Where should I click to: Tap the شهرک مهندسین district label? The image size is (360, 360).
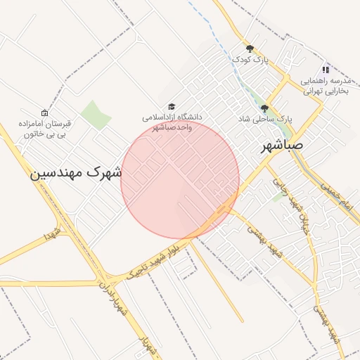pos(76,172)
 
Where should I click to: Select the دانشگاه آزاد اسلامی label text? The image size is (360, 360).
pos(172,122)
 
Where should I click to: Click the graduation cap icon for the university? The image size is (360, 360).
pos(172,105)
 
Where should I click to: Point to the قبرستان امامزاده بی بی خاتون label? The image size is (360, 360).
pos(45,127)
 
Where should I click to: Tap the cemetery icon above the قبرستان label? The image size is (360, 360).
pos(45,112)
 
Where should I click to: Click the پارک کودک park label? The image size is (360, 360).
pos(251,60)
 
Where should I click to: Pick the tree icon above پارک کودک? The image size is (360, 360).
pos(250,48)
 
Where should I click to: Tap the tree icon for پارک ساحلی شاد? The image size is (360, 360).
pos(264,108)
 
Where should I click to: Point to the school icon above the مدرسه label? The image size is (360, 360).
pos(325,70)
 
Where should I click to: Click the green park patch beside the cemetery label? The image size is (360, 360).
pos(95,115)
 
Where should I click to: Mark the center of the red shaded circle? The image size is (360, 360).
pos(180,179)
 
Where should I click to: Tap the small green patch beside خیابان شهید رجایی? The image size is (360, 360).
pos(280,198)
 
